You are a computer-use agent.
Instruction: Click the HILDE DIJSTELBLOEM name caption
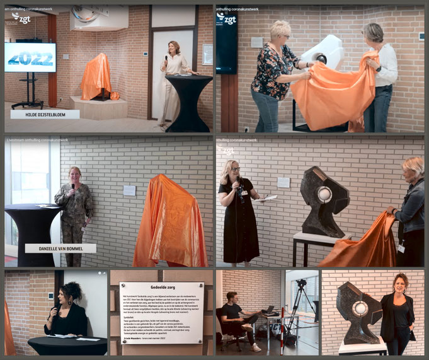[45, 115]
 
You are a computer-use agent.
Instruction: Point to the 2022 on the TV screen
[30, 57]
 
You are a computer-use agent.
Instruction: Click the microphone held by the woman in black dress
[239, 185]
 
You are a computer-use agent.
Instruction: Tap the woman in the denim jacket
[411, 208]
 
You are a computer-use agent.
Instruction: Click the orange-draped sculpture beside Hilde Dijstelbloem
[96, 77]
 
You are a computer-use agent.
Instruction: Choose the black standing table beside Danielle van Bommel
[33, 227]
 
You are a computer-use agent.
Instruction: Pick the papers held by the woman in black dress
[266, 198]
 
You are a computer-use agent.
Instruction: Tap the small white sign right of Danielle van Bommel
[129, 190]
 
